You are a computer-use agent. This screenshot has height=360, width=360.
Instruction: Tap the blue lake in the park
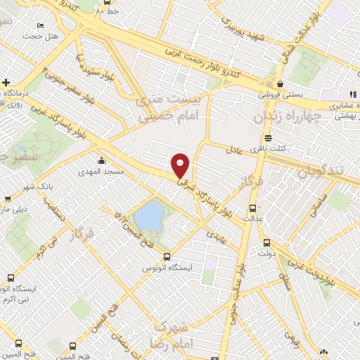(x=149, y=217)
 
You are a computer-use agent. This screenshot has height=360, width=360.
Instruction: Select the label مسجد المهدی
(x=104, y=171)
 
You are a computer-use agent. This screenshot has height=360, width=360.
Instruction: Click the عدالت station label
(x=253, y=218)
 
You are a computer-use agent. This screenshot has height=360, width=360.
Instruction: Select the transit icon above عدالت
(x=253, y=208)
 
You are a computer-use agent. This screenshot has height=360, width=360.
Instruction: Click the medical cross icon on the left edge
(x=6, y=82)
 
